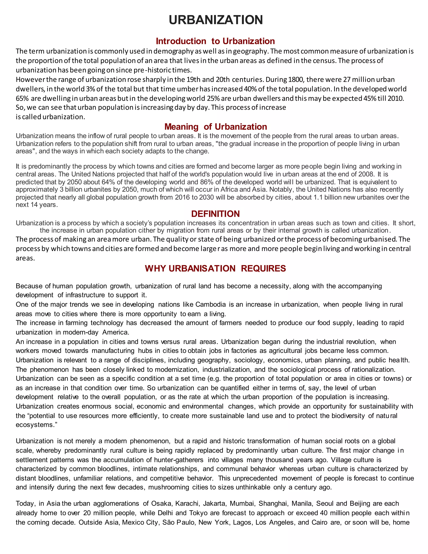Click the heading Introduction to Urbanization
pyautogui.click(x=215, y=41)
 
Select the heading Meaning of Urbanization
pyautogui.click(x=215, y=126)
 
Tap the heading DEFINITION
pyautogui.click(x=215, y=214)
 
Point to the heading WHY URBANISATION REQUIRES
pyautogui.click(x=215, y=268)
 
